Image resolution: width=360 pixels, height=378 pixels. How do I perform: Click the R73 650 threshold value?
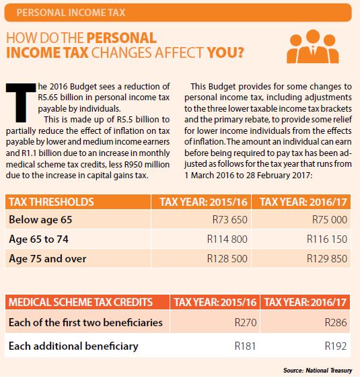[229, 220]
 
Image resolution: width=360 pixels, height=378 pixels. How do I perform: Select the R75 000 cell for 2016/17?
[330, 220]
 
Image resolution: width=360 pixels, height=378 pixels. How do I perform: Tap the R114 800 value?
[227, 239]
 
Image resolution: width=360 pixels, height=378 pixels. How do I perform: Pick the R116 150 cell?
[327, 239]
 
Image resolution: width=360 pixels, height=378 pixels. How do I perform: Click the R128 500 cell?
[227, 259]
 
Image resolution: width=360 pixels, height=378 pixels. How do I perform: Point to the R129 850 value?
[327, 259]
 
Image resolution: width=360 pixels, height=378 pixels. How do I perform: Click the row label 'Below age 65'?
[40, 220]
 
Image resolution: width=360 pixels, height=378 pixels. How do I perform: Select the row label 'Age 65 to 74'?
[38, 239]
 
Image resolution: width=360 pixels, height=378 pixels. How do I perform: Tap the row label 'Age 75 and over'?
[48, 259]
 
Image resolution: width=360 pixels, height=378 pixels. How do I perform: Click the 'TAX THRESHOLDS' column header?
[51, 202]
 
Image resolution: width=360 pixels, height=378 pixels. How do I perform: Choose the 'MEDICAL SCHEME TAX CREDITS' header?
[81, 302]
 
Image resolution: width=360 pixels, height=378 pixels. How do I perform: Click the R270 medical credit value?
[246, 323]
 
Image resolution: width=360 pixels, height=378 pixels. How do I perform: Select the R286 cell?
[336, 323]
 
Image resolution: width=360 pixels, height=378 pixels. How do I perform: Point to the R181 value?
[245, 346]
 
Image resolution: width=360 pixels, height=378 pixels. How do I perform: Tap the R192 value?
[336, 346]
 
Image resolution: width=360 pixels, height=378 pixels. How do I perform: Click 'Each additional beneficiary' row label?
[73, 346]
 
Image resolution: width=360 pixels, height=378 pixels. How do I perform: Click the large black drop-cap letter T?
[21, 102]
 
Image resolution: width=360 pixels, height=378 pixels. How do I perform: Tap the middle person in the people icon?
[313, 46]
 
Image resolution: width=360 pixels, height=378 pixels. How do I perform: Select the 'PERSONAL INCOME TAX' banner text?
[71, 13]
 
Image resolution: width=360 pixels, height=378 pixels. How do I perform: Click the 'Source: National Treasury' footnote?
[318, 371]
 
